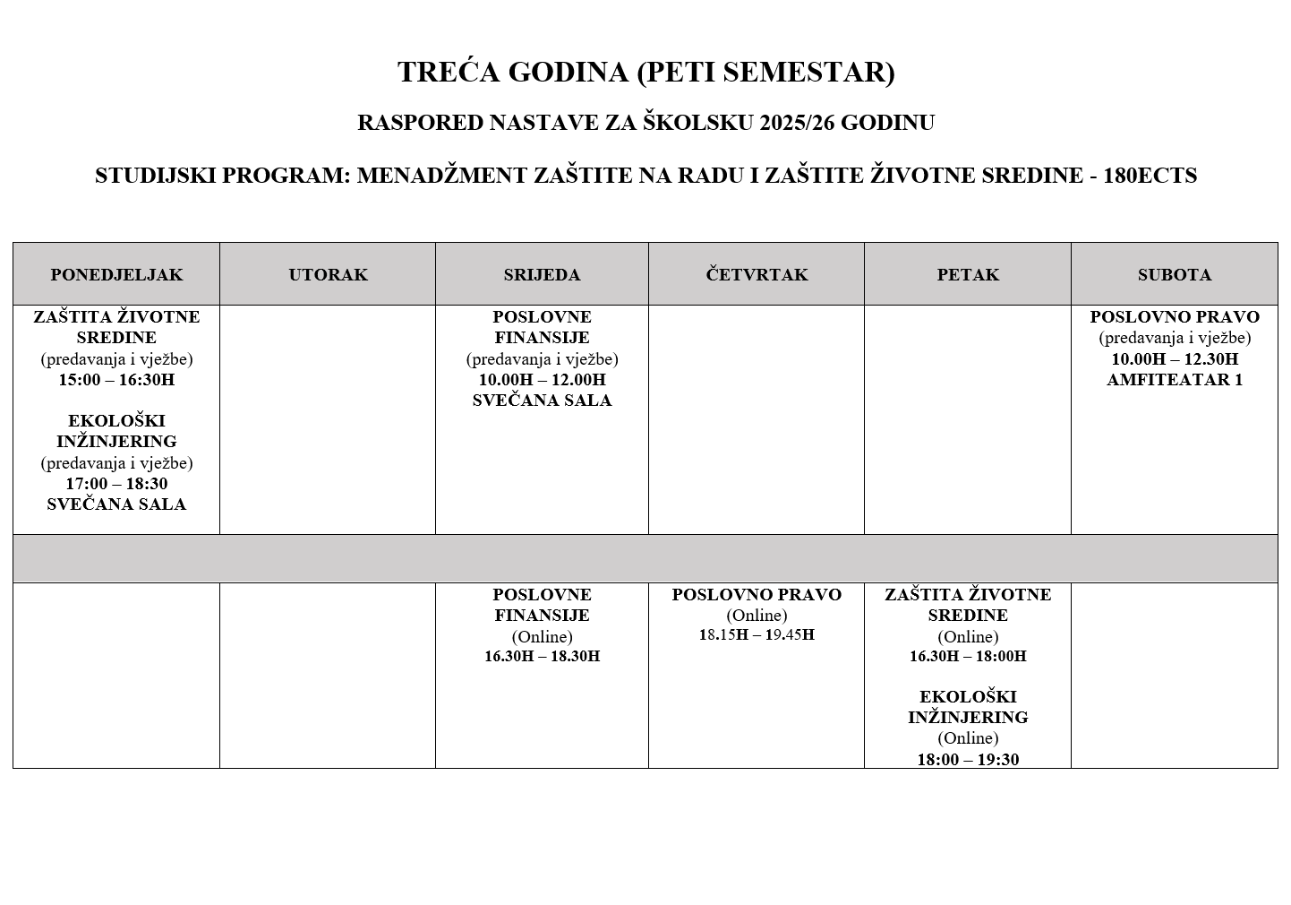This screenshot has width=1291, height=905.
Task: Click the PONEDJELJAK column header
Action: tap(116, 275)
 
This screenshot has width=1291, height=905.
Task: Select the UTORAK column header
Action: tap(328, 275)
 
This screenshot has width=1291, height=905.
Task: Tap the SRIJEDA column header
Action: tap(542, 275)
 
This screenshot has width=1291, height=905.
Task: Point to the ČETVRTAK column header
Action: tap(757, 275)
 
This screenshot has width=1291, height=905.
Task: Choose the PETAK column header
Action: tap(968, 275)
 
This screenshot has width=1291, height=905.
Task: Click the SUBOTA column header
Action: tap(1174, 275)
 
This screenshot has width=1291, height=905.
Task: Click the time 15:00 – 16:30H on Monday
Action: tap(116, 380)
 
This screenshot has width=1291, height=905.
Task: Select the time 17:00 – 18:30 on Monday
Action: tap(116, 484)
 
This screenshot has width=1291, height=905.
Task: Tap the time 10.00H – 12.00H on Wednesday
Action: tap(542, 380)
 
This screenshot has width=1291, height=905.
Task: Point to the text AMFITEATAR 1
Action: tap(1174, 380)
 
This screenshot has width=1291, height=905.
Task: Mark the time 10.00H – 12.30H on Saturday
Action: tap(1174, 359)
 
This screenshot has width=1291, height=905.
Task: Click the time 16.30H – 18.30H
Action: tap(542, 657)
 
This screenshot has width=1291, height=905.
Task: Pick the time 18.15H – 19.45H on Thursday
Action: tap(757, 635)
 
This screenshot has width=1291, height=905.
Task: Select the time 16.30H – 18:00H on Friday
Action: tap(968, 657)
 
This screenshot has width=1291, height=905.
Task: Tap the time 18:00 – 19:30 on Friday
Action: tap(968, 760)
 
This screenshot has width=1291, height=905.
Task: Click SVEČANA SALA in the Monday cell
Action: tap(116, 504)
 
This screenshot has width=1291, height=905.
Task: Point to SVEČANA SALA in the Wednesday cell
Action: tap(542, 401)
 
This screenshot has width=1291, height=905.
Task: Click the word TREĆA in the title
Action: tap(449, 73)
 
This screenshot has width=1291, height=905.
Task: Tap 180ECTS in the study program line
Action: tap(1150, 176)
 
